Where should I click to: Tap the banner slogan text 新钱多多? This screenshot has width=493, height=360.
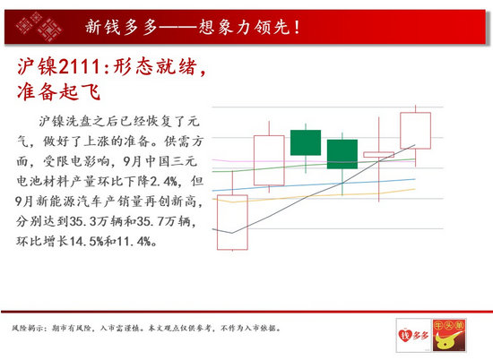tap(121, 27)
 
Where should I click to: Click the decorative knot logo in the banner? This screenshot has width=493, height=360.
tap(39, 26)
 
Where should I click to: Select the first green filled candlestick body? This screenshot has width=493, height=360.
tap(306, 142)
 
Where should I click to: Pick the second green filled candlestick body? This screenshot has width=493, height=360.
tap(342, 154)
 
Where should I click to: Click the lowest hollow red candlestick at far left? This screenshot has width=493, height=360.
tap(232, 222)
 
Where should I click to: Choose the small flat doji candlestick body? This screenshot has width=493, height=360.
tap(379, 155)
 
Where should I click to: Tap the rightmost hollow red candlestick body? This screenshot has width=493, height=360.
tap(415, 131)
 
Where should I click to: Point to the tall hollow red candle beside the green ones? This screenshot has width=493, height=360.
tap(269, 160)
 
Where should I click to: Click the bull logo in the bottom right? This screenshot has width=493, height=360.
tap(449, 335)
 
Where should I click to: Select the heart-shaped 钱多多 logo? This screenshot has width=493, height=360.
tap(414, 335)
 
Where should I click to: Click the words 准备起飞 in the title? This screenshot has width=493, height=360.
tap(59, 92)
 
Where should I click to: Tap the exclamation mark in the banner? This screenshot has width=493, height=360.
tap(297, 27)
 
